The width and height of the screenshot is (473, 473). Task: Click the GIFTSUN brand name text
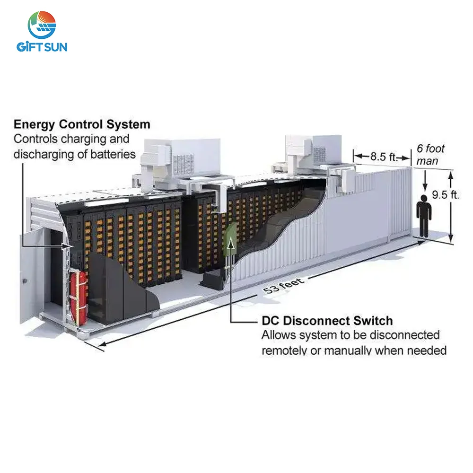click(x=42, y=47)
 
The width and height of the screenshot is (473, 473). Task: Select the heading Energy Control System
click(x=82, y=125)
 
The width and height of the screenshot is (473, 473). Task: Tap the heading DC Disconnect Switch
click(x=327, y=321)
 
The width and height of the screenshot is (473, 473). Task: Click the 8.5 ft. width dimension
click(x=383, y=157)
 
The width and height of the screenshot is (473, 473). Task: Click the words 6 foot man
click(x=430, y=155)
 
